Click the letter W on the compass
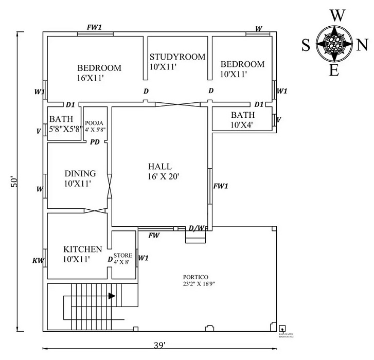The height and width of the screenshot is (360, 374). pos(337,15)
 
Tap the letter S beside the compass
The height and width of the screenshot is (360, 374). pos(306,46)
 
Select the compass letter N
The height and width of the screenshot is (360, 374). pos(362,45)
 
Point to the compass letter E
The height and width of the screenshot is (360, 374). pos(334,71)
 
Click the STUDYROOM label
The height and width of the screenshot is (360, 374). pos(177,57)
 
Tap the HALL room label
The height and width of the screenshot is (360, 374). pos(159,167)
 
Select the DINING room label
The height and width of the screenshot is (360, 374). pos(80,173)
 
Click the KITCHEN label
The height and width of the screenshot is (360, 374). pos(82,249)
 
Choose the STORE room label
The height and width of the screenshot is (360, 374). pos(123,255)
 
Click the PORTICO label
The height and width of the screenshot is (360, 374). pos(198,276)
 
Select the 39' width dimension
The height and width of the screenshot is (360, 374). pos(161,345)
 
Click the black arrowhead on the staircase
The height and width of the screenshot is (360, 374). pos(112,296)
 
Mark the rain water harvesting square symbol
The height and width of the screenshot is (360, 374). pos(282,329)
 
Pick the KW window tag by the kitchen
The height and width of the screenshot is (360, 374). pos(38,261)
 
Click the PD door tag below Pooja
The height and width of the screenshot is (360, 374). pos(95,141)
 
